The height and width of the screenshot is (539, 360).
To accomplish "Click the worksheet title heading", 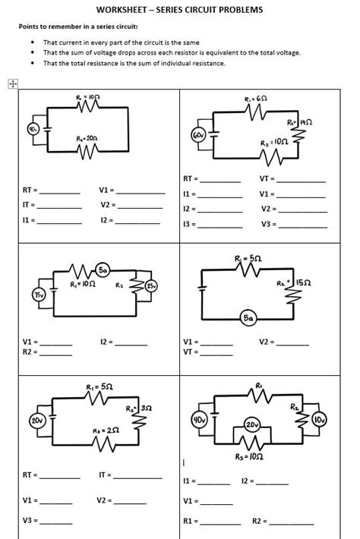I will coord(180,10).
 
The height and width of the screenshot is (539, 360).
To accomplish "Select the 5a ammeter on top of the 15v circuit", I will coord(103,270).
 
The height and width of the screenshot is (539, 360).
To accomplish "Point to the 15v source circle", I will coord(38,294).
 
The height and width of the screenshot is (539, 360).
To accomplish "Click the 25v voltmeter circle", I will coord(152,286).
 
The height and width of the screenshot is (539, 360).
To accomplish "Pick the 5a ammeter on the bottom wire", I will coord(248,319).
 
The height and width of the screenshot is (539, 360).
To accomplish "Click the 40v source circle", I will coord(201,419).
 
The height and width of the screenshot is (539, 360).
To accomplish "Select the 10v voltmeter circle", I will coord(319,420).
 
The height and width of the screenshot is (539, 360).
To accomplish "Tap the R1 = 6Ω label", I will coord(254,99).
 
